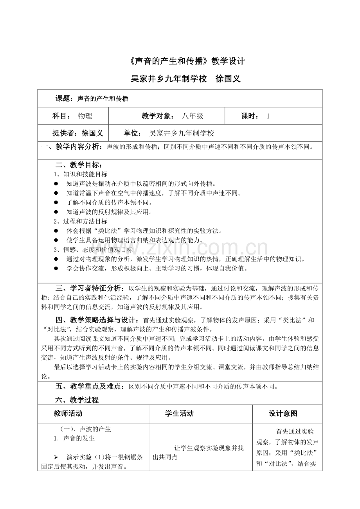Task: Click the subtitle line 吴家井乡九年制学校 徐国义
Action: (185, 79)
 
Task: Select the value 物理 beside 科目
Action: (85, 116)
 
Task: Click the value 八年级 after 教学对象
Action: (193, 116)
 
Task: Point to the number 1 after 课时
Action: (268, 116)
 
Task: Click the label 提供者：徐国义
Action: (77, 133)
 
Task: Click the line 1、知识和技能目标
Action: (81, 174)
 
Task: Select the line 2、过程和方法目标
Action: (81, 221)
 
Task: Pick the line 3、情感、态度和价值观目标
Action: (93, 249)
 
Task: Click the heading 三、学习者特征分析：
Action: (89, 289)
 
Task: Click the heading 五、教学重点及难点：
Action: (92, 387)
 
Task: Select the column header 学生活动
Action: (180, 414)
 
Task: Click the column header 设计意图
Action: (283, 414)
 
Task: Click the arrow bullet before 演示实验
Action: (56, 457)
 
